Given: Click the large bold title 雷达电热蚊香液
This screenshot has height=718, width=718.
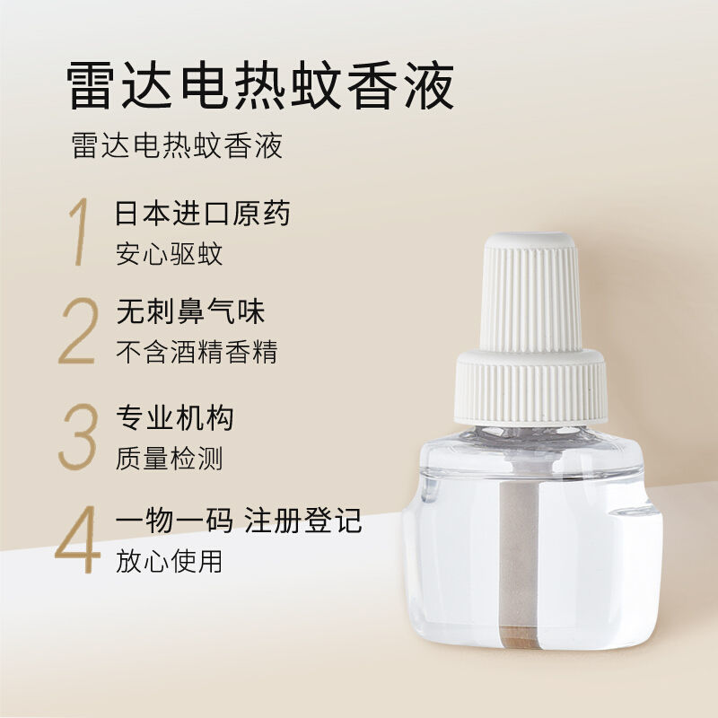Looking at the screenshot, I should click(x=260, y=86).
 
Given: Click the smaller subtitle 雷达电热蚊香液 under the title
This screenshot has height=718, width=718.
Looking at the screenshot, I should click(x=177, y=145).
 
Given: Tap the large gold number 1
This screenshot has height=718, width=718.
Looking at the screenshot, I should click(x=81, y=232).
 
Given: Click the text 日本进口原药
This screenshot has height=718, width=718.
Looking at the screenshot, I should click(x=203, y=214).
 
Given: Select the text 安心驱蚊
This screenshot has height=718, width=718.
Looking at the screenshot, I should click(x=169, y=254).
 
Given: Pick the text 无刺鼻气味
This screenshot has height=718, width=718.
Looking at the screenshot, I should click(x=190, y=311).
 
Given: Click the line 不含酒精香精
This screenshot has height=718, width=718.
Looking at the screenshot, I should click(x=197, y=352).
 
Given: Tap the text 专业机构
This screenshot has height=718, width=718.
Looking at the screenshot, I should click(x=175, y=417).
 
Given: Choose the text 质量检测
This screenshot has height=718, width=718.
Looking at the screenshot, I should click(x=169, y=459).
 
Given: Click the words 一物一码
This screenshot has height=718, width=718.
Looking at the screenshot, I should click(x=174, y=521).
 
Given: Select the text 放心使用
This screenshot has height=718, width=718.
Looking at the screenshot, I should click(x=169, y=562).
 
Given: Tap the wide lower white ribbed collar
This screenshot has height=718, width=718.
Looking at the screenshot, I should click(x=530, y=388).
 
